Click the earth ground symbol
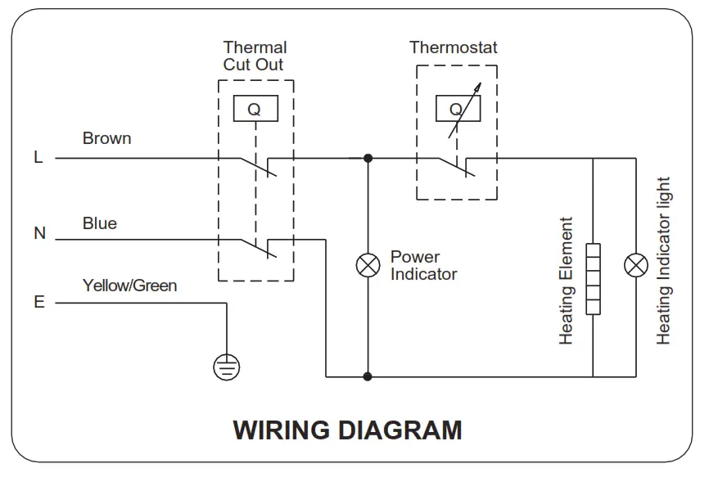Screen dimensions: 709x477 pos(227,367)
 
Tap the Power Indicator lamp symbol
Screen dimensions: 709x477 pos(368,265)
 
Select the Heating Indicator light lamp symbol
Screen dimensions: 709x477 pos(636,265)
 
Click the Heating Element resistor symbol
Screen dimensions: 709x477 pos(593,279)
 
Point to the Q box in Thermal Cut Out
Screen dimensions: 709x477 pos(255,108)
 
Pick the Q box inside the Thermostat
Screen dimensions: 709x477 pos(458,108)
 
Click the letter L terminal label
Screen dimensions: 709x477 pos(38,157)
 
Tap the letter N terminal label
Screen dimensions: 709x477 pos(40,233)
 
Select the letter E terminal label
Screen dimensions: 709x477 pos(39,302)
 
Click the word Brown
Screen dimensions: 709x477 pos(106,138)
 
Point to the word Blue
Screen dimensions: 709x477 pos(100,223)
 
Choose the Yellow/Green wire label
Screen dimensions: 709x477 pos(130,286)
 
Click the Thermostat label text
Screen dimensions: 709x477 pos(453,47)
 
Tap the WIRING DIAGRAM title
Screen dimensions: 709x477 pos(347,430)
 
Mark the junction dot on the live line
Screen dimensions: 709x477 pos(368,158)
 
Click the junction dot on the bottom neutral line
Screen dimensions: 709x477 pos(368,376)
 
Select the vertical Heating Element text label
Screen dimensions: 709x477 pos(566,281)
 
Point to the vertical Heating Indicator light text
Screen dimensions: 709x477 pos(663,261)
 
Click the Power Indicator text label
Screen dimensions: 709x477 pos(424,265)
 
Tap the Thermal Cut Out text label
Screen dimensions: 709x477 pos(255,56)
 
